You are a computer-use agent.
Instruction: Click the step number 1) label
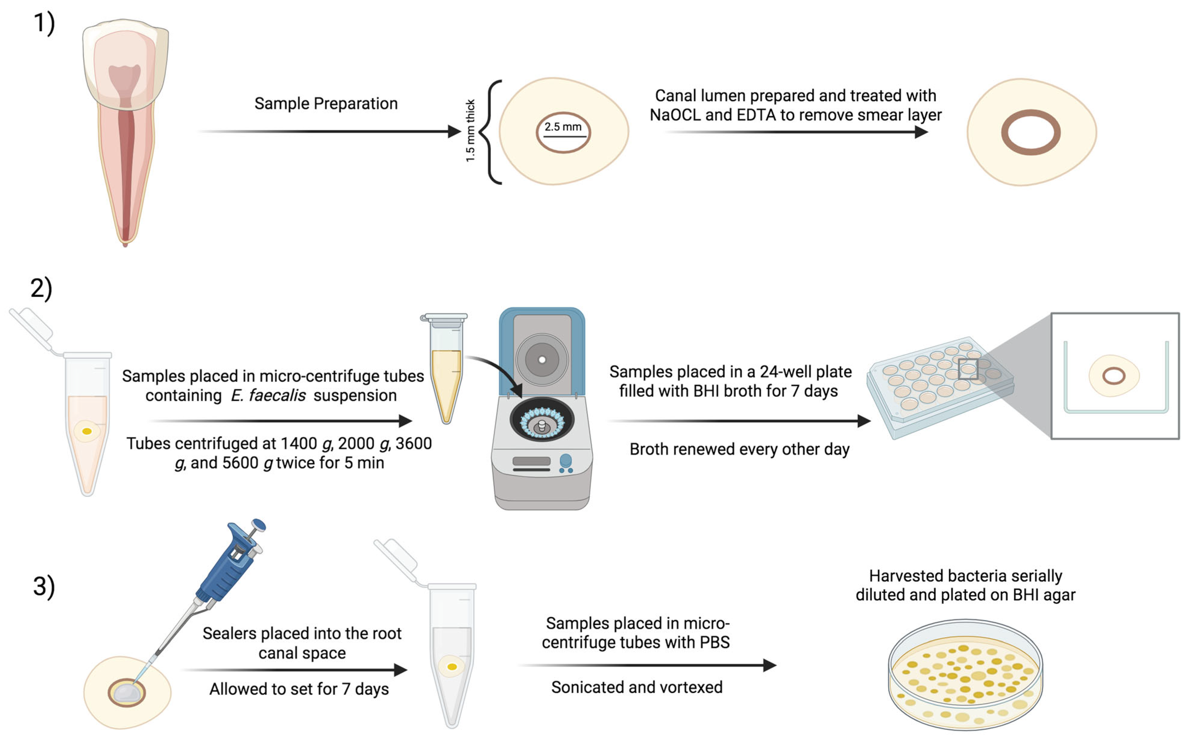point(44,24)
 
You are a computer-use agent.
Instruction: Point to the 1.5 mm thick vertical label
point(470,131)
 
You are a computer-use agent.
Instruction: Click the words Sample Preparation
point(326,104)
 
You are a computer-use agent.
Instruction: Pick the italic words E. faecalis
point(269,395)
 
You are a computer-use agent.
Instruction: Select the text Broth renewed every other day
point(739,449)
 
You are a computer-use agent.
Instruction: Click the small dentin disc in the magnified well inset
point(1114,376)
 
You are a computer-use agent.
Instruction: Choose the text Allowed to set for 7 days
point(299,689)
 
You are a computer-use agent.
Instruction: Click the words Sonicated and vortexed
point(636,688)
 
